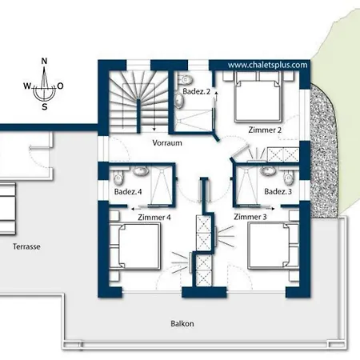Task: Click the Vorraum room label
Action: tap(167, 142)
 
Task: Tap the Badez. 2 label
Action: tap(196, 91)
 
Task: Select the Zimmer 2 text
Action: tap(265, 130)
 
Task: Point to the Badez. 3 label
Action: tap(278, 191)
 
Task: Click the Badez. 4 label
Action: tap(128, 191)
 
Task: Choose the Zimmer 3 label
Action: tap(250, 217)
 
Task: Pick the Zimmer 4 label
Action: tap(154, 218)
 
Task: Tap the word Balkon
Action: tap(182, 324)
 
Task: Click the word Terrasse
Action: tap(26, 246)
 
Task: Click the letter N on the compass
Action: tap(44, 61)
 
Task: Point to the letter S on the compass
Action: tap(45, 107)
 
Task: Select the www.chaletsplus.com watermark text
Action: tap(267, 65)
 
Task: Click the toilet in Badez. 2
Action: tap(185, 78)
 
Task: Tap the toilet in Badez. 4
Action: tap(118, 178)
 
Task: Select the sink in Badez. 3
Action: tap(267, 171)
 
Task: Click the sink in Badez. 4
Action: tap(141, 171)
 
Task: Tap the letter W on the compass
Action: tap(27, 86)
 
